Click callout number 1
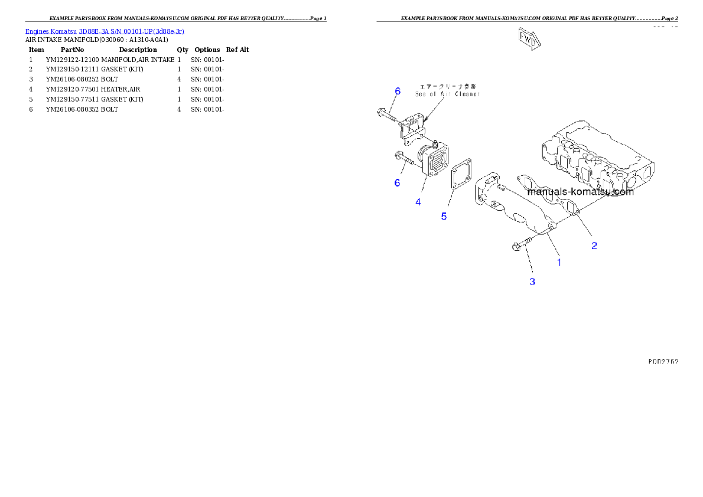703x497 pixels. coord(559,262)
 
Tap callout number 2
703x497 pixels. coord(594,246)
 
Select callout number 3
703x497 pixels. coord(532,282)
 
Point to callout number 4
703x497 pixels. coord(418,202)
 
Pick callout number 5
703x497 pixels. coord(444,216)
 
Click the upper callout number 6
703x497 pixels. coord(398,91)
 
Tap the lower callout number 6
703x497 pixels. coord(397,183)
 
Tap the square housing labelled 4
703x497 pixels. coord(435,161)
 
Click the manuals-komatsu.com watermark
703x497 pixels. coord(580,192)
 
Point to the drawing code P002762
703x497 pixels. coord(662,361)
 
